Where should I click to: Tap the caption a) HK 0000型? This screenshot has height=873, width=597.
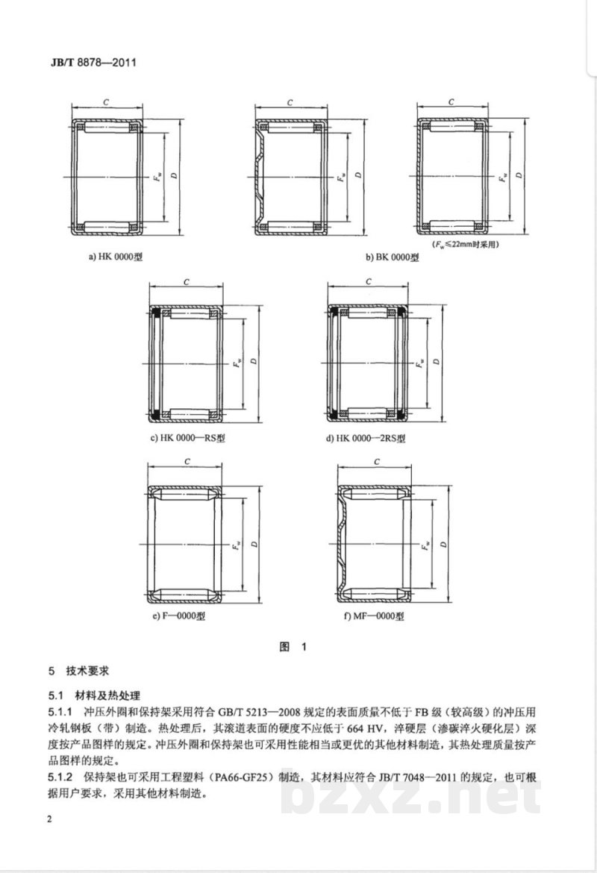click(x=116, y=256)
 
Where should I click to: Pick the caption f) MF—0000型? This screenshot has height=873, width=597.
click(x=369, y=616)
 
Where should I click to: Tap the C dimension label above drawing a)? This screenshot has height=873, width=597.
click(x=107, y=101)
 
